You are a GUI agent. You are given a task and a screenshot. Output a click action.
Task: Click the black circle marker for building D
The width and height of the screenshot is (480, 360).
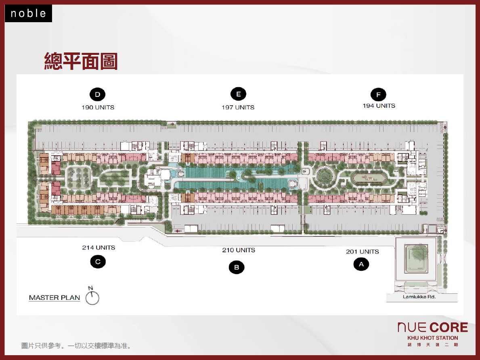[x=97, y=94]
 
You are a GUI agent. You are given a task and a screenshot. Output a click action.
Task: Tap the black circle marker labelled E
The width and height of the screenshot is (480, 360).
[x=238, y=94]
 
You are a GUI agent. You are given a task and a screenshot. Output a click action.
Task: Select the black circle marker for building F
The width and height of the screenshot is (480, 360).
[x=378, y=95]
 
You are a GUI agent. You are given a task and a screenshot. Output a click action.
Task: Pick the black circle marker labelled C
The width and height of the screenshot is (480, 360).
[x=98, y=262]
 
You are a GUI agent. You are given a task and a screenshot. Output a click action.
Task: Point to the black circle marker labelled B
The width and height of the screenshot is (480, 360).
[x=237, y=267]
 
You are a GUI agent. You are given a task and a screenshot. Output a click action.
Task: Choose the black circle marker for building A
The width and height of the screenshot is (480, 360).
[x=361, y=264]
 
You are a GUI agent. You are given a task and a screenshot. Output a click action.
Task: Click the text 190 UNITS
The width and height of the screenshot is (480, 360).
[x=98, y=107]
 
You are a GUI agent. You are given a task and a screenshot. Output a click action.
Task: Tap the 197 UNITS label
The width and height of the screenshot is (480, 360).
[x=238, y=107]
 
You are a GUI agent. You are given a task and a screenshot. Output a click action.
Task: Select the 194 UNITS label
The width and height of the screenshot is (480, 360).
[x=379, y=106]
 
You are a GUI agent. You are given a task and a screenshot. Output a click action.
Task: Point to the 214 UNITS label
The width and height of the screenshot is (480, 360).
[x=99, y=247]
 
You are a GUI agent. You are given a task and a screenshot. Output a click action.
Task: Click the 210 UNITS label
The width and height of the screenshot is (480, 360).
[x=239, y=250]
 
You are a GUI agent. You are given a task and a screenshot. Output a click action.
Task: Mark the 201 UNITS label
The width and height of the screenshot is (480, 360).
[x=363, y=251]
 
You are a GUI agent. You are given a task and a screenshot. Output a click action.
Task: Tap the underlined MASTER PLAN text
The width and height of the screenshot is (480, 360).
[x=54, y=298]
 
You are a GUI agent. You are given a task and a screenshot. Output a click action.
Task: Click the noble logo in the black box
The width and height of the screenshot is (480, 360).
[x=28, y=14]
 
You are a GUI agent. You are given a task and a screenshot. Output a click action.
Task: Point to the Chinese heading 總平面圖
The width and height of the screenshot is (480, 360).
[x=81, y=61]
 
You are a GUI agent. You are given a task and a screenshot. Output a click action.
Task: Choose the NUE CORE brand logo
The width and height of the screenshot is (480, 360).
[x=432, y=327]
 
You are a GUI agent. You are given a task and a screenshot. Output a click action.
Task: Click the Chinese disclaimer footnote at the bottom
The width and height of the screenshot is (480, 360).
[x=76, y=346]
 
